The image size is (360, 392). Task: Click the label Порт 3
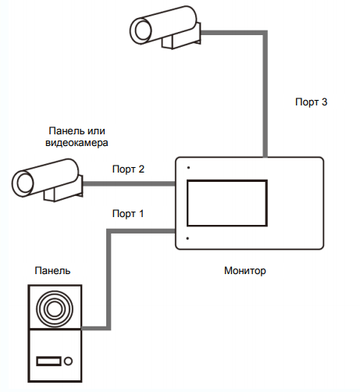pos(311,102)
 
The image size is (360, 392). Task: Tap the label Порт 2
pos(128,169)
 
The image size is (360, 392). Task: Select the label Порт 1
pos(128,214)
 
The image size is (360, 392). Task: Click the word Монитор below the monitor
pos(245,271)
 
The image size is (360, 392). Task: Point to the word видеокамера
pos(77,143)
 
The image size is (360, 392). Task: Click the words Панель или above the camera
pos(77,130)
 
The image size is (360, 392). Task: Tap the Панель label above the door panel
pos(52,271)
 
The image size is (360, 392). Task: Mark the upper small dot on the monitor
pos(188,168)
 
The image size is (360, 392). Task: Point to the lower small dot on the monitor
pos(187,238)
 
